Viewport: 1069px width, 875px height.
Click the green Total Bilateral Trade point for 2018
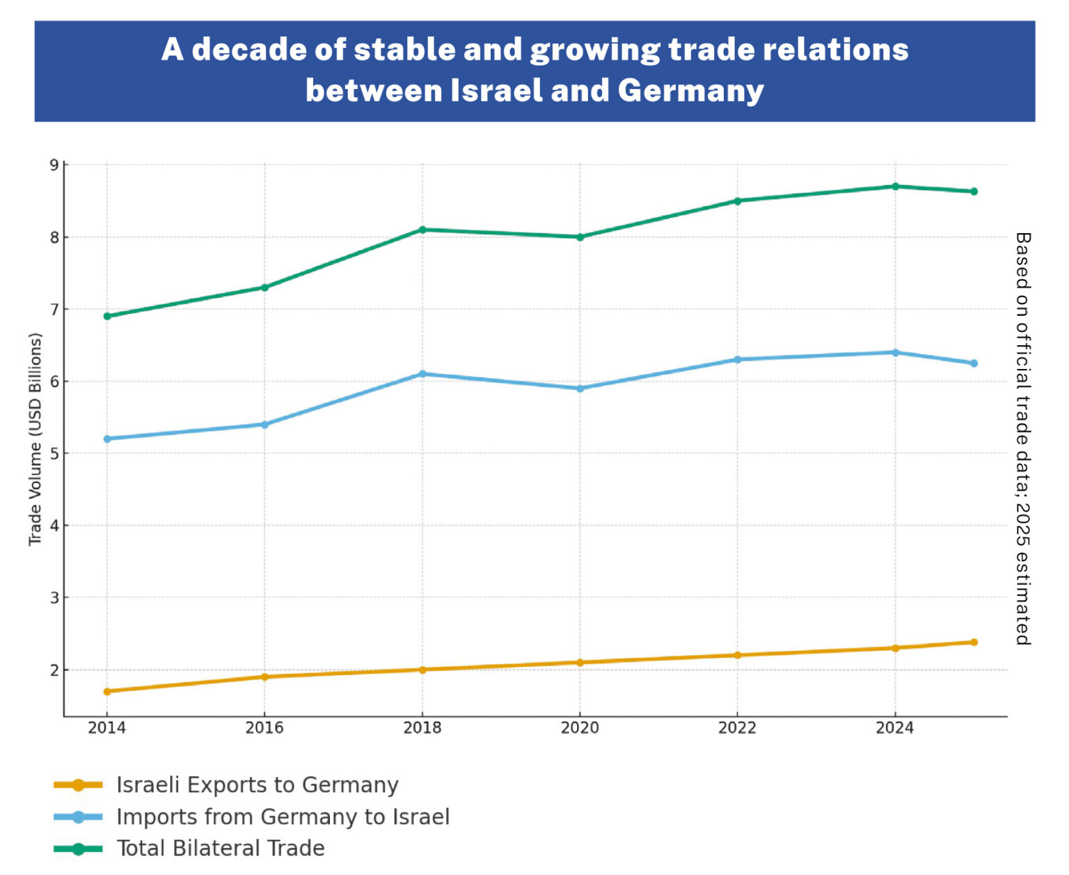click(x=422, y=230)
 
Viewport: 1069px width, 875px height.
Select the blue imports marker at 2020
click(x=580, y=388)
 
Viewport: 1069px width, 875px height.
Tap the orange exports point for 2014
click(x=107, y=691)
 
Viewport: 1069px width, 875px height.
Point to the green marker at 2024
click(x=895, y=187)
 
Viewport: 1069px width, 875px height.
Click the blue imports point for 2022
click(x=738, y=360)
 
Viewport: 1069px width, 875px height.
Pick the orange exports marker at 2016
click(x=264, y=677)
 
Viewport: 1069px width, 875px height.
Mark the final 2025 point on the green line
click(x=974, y=191)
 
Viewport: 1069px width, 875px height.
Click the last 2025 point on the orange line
click(x=974, y=643)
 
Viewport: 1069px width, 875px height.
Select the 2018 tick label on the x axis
click(x=422, y=728)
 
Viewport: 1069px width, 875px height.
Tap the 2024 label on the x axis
click(x=895, y=728)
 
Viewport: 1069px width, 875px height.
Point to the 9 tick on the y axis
click(x=54, y=165)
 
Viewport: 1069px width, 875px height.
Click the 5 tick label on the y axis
click(x=54, y=454)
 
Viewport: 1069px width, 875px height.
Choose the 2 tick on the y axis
click(x=54, y=670)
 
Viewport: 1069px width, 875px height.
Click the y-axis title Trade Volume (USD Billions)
click(x=35, y=440)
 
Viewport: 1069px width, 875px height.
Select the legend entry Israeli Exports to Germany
click(x=257, y=785)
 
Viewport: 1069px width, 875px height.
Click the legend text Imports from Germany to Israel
click(x=283, y=817)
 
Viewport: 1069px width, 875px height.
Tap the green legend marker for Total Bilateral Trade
click(x=78, y=849)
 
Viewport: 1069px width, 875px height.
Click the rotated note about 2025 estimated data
click(x=1022, y=439)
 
